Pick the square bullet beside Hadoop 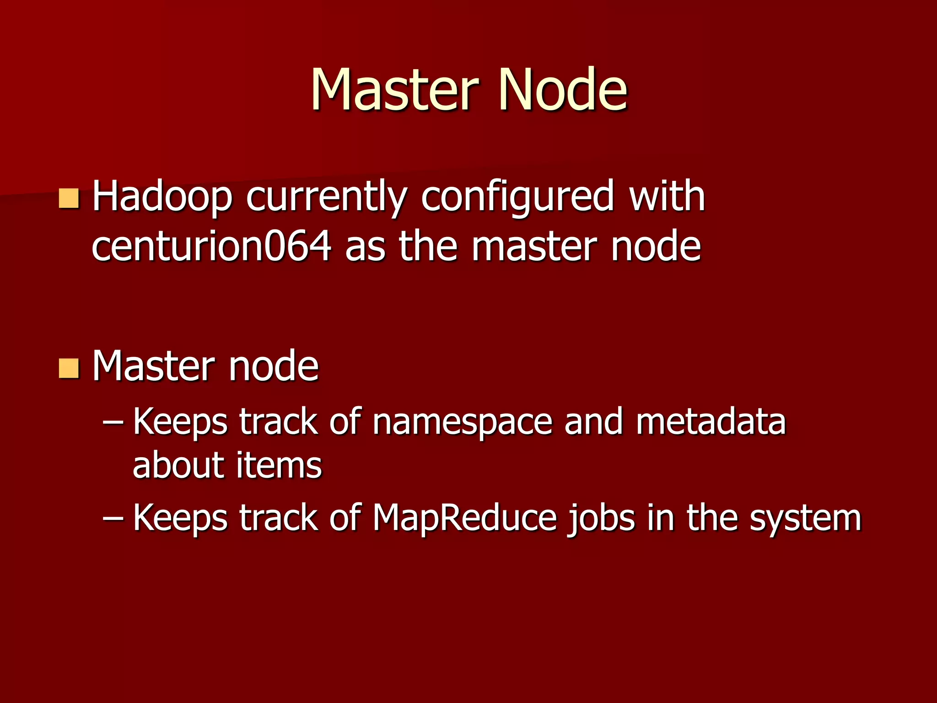point(69,199)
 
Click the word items point(279,465)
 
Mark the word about point(178,465)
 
